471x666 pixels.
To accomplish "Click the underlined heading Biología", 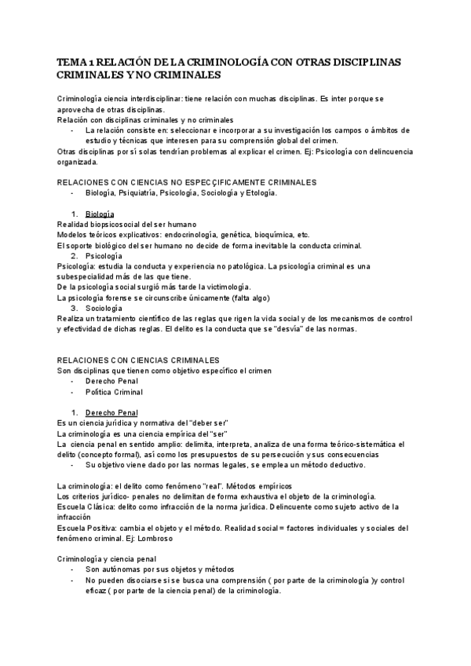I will [x=100, y=214].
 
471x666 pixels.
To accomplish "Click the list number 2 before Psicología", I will [x=74, y=256].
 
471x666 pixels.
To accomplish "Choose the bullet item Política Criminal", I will [x=115, y=391].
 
